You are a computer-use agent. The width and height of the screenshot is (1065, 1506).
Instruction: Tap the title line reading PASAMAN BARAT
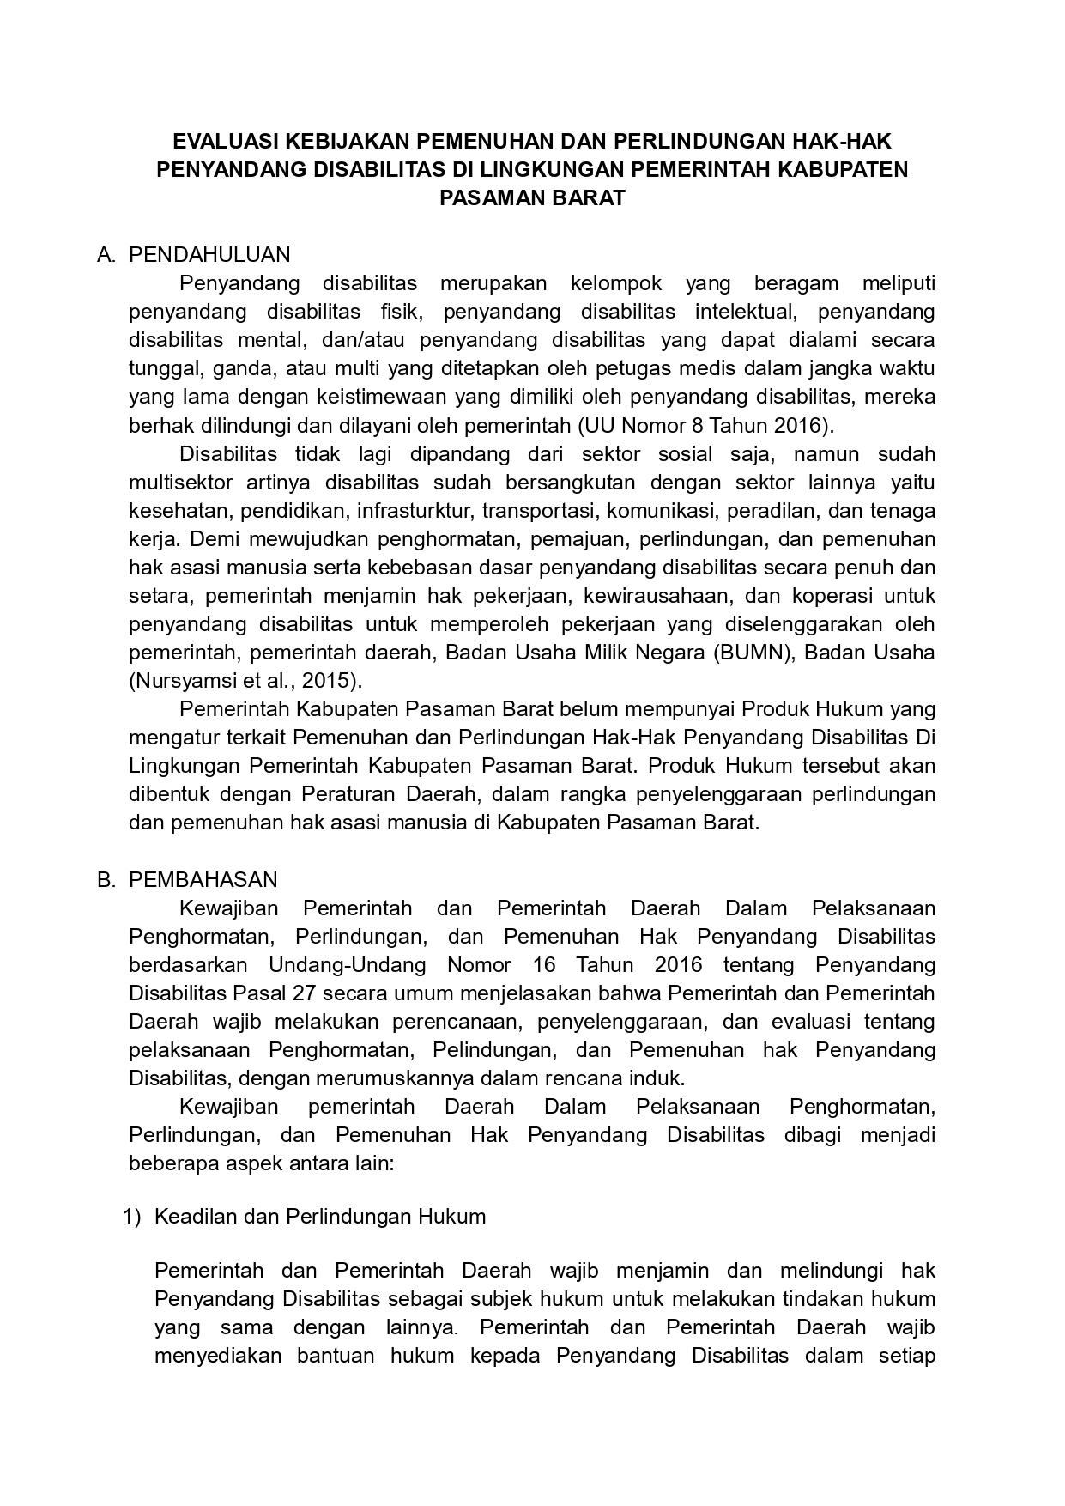click(x=532, y=198)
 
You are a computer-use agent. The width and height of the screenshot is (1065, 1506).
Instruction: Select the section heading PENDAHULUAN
click(x=209, y=255)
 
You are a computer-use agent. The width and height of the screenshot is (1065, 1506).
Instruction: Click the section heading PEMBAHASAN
click(x=203, y=880)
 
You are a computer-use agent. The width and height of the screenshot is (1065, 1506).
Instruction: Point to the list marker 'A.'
click(x=106, y=255)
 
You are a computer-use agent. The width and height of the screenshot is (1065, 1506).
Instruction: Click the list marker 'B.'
click(x=106, y=880)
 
